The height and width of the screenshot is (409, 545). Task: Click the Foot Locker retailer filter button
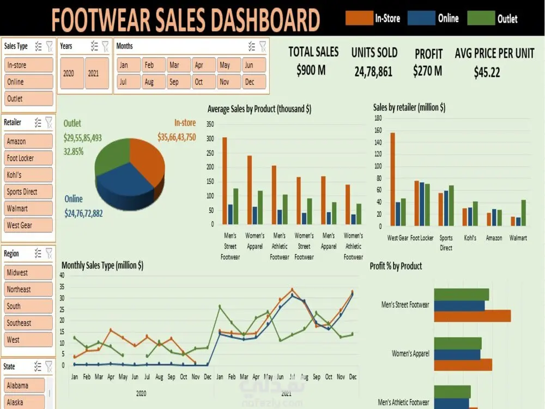(29, 158)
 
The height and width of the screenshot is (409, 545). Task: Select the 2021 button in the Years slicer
(93, 73)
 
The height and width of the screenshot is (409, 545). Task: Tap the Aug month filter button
(149, 82)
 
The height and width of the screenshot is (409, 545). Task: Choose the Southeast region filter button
(29, 323)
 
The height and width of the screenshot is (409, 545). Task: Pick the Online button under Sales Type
(29, 82)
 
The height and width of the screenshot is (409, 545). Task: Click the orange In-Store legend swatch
(359, 19)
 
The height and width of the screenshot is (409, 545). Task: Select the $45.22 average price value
(487, 72)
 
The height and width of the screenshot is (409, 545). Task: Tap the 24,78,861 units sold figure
(373, 71)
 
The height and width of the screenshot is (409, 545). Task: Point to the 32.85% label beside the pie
(74, 152)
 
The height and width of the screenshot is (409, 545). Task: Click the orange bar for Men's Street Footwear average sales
(225, 181)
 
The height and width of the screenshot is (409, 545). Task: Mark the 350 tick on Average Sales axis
(210, 124)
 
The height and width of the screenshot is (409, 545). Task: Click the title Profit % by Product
(396, 266)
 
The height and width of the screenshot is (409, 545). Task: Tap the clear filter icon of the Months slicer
(263, 46)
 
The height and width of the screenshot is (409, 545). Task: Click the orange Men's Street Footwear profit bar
(472, 316)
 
